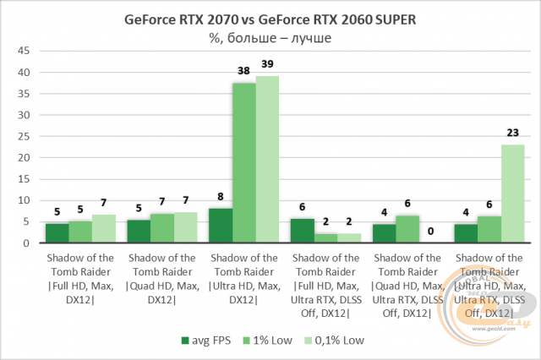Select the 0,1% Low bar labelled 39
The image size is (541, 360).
pyautogui.click(x=267, y=160)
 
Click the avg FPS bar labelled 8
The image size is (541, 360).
pyautogui.click(x=221, y=226)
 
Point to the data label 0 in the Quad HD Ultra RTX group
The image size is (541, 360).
pyautogui.click(x=431, y=231)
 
